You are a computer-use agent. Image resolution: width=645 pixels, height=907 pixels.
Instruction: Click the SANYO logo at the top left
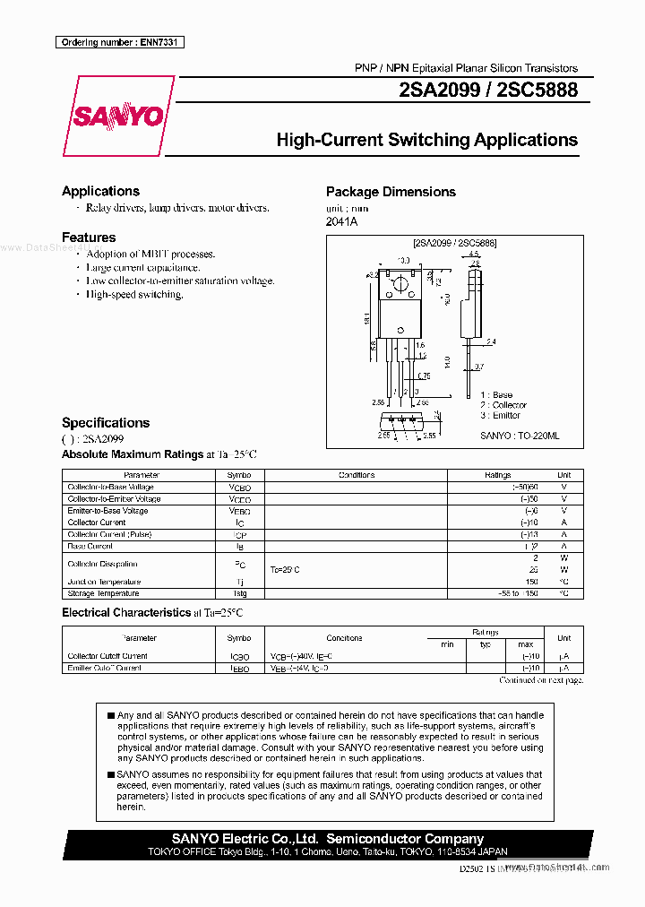[x=117, y=117]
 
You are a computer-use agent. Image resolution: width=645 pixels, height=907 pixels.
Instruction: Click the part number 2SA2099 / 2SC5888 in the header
[x=489, y=91]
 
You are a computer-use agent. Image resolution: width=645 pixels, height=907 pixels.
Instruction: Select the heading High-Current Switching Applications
[x=426, y=140]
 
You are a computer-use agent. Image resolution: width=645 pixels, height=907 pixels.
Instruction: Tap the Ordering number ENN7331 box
[x=119, y=42]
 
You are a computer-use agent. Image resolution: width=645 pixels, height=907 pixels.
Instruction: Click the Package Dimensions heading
[x=391, y=192]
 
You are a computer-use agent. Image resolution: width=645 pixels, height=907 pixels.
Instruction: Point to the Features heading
[x=89, y=238]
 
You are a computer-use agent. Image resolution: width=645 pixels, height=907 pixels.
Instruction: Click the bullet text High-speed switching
[x=134, y=295]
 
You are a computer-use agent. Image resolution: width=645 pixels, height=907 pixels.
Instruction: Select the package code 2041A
[x=341, y=222]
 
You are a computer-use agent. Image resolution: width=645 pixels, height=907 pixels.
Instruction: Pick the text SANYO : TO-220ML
[x=520, y=436]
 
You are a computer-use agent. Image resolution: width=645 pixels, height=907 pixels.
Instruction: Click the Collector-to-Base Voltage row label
[x=110, y=488]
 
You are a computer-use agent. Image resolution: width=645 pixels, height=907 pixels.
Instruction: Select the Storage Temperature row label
[x=103, y=593]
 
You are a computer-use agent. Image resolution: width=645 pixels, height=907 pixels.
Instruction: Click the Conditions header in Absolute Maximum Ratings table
[x=357, y=475]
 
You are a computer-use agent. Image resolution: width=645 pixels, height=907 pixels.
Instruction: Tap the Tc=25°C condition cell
[x=285, y=570]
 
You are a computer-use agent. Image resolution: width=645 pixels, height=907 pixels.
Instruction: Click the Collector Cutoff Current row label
[x=107, y=656]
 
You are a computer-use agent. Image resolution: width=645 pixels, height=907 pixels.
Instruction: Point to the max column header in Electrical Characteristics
[x=525, y=644]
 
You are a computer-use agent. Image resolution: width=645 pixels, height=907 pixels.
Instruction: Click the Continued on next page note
[x=540, y=680]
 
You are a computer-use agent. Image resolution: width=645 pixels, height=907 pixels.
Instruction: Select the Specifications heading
[x=106, y=423]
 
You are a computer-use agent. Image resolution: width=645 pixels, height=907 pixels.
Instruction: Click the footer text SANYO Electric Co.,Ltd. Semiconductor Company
[x=328, y=839]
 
